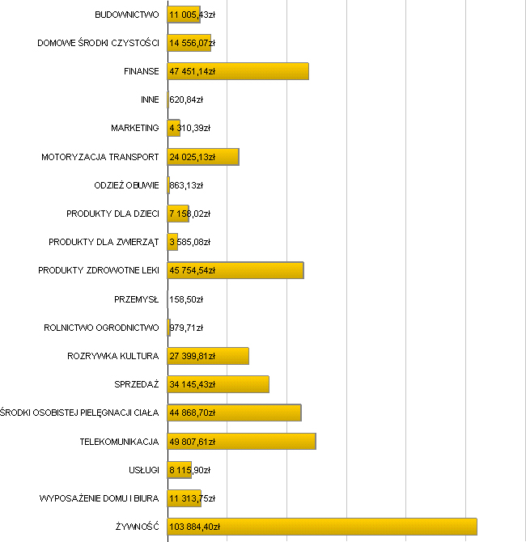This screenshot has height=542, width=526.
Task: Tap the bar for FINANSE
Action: pos(238,71)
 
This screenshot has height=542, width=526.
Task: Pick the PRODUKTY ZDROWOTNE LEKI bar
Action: pos(235,270)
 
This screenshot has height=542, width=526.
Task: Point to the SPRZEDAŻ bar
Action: pos(218,384)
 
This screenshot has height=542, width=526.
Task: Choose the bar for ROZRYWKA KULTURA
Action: pos(208,356)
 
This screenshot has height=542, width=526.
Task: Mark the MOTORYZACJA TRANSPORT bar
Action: pos(203,157)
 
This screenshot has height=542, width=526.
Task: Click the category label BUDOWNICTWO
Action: pos(126,15)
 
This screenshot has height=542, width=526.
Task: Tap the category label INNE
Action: pos(150,100)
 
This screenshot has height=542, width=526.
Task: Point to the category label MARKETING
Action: pos(135,129)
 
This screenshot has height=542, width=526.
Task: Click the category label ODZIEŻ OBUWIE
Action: pos(126,185)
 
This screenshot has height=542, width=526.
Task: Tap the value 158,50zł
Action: pos(186,299)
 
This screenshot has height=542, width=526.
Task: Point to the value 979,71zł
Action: pos(186,328)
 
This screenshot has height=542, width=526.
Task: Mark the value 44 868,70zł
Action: pos(193,413)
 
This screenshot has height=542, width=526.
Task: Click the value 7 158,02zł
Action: pos(189,214)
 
